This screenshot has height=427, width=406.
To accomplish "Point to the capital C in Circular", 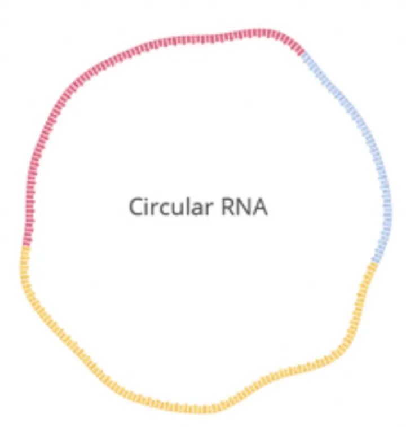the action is [x=136, y=206].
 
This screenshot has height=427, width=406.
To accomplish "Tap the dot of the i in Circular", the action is [x=147, y=198].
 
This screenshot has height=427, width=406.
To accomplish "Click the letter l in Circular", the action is [x=183, y=205].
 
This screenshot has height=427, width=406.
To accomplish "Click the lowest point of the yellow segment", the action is [x=203, y=410].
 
